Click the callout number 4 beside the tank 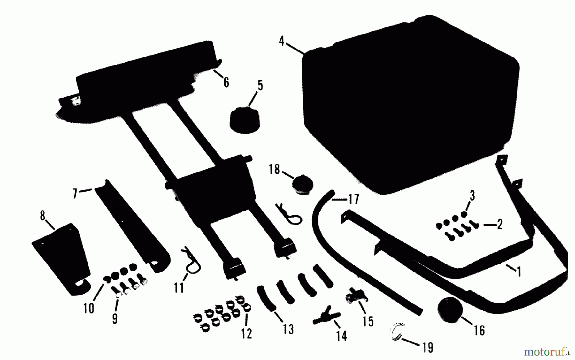tap(281, 41)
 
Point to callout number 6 tap(226, 82)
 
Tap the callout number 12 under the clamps tap(247, 333)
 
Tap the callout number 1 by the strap tap(519, 271)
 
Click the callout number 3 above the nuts tap(472, 196)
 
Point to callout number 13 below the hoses tap(288, 329)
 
